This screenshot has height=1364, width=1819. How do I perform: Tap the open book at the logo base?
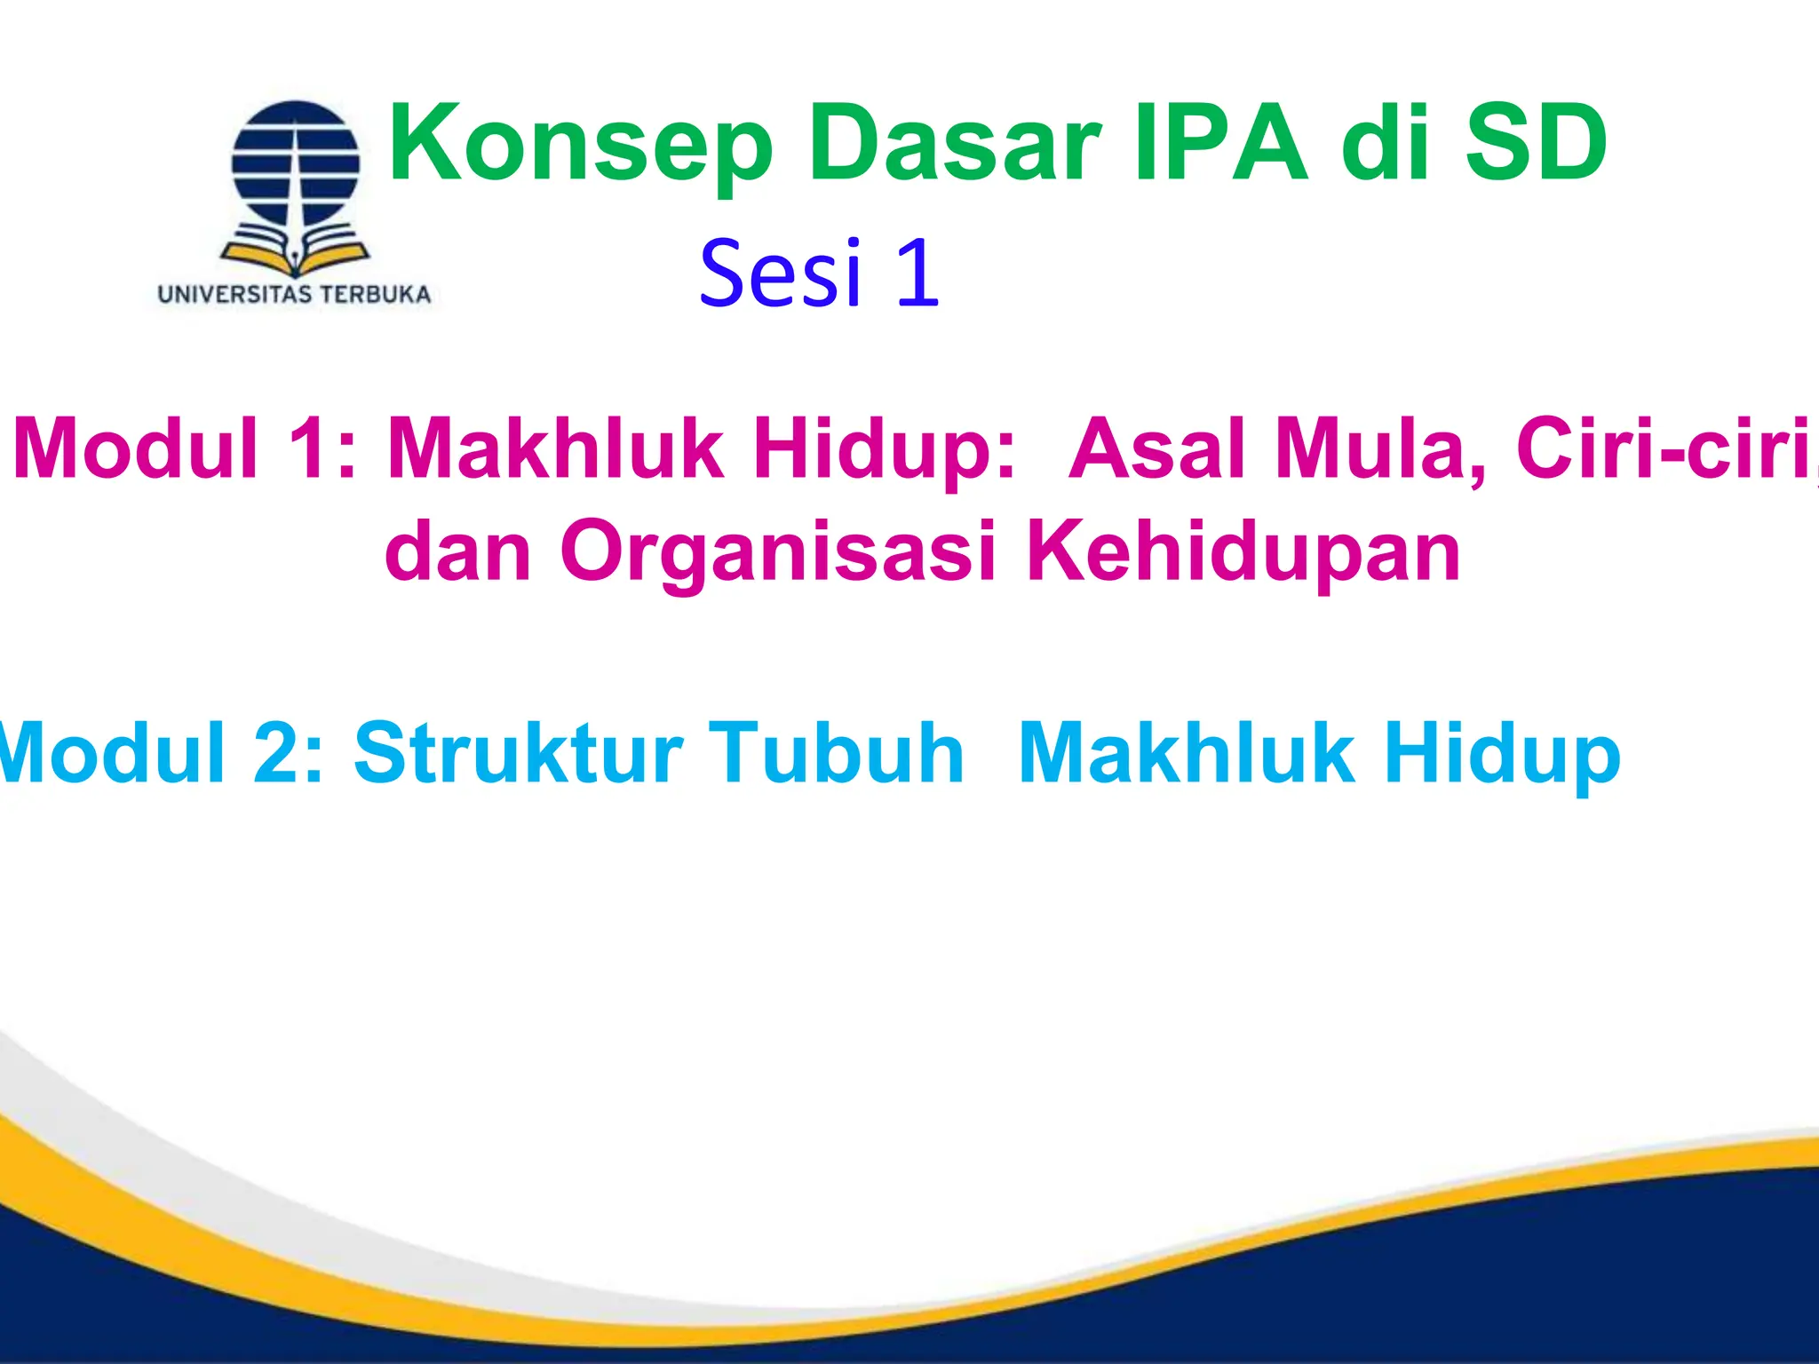point(295,252)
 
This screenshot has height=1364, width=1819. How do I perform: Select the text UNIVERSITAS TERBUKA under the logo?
point(294,295)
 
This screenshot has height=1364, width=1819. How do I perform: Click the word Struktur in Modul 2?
point(519,754)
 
